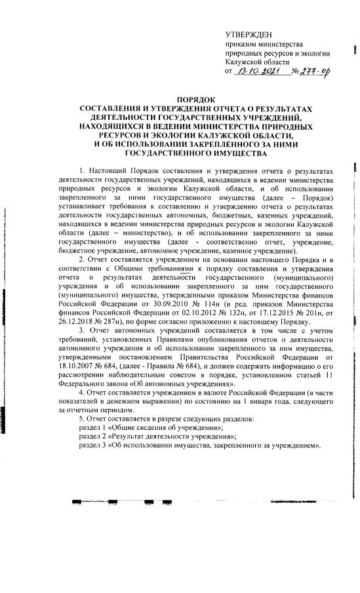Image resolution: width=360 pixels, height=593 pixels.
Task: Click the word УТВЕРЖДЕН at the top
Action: click(247, 34)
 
